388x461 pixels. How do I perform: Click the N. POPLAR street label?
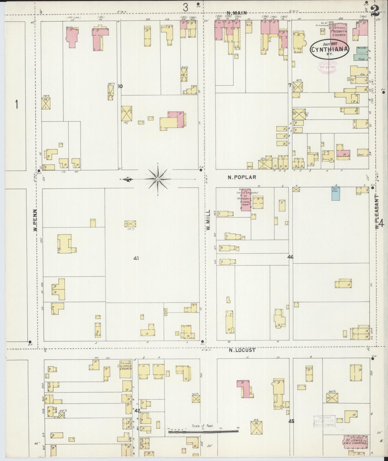[x=242, y=177]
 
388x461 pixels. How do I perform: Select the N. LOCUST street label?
[x=242, y=350]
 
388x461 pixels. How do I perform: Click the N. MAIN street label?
[x=237, y=13]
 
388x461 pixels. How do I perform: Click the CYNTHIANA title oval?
[x=330, y=49]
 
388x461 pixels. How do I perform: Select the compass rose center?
[x=158, y=179]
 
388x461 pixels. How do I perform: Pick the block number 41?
[x=136, y=258]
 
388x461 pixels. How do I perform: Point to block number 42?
[x=137, y=411]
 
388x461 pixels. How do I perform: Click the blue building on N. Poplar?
[x=335, y=194]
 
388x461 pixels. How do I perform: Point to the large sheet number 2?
[x=374, y=11]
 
